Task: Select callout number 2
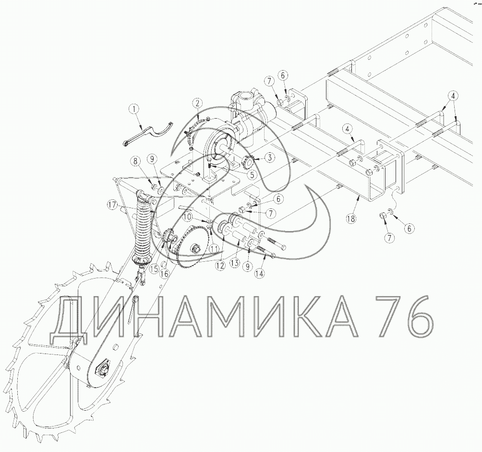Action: pyautogui.click(x=197, y=103)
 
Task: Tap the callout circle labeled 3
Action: pyautogui.click(x=270, y=158)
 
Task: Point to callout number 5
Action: pyautogui.click(x=252, y=175)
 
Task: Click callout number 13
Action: pyautogui.click(x=235, y=263)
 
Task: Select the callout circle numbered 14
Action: pyautogui.click(x=260, y=273)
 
